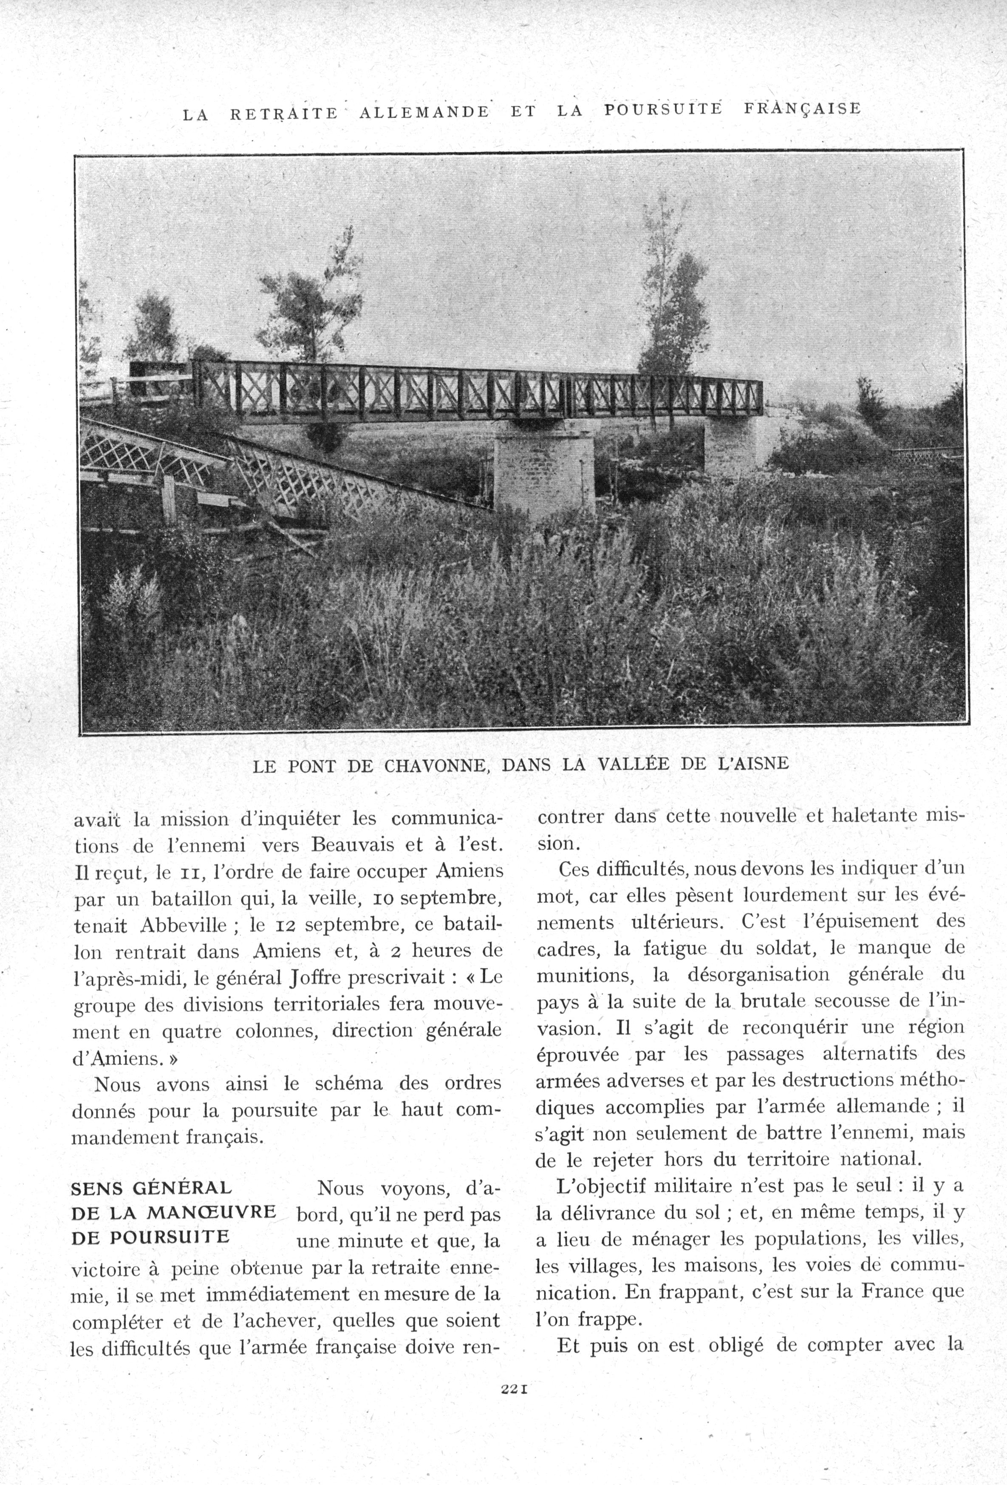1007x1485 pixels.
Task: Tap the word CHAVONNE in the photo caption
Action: point(436,765)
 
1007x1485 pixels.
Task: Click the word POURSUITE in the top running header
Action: point(663,109)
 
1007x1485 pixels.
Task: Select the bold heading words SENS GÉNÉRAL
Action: point(151,1188)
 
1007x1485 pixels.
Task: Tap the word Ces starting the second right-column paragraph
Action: point(573,870)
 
